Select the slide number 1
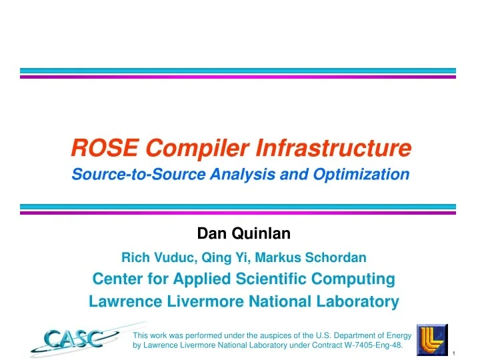[453, 353]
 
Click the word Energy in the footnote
[397, 335]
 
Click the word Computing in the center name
[355, 278]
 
